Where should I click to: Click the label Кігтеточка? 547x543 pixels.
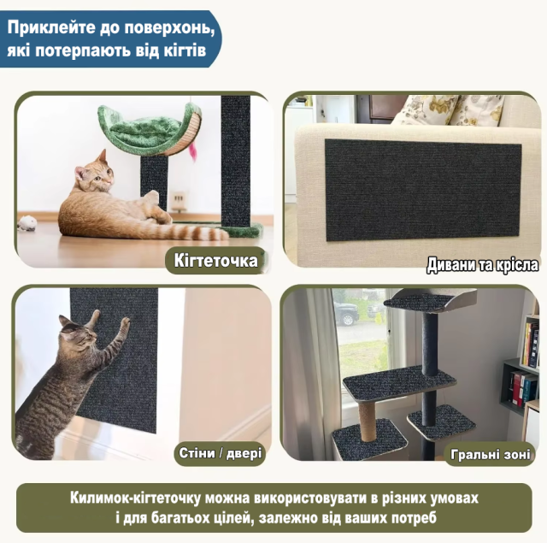point(215,261)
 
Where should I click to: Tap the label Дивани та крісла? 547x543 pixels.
point(482,265)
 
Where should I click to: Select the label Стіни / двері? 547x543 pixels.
point(221,453)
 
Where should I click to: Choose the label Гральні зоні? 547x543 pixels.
point(491,454)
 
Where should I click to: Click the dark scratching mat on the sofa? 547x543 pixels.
point(423,190)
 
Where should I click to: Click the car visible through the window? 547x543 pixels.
point(345,313)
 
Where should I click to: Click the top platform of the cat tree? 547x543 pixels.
point(430,301)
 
